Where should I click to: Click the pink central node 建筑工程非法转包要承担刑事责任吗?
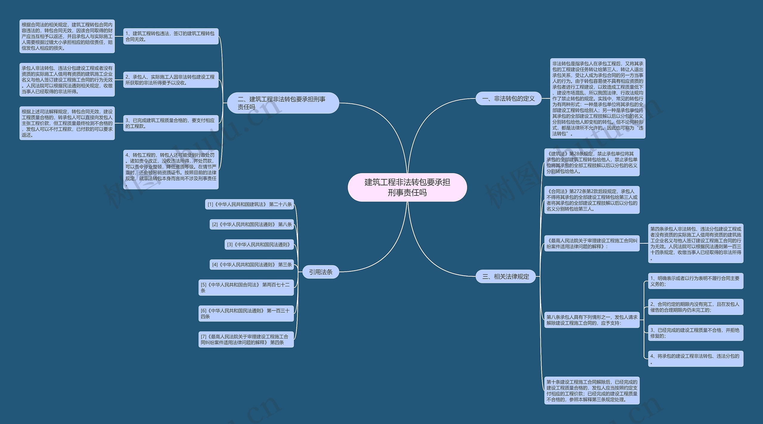point(407,187)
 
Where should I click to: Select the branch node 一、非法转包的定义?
point(508,98)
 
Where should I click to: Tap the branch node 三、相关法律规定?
point(505,277)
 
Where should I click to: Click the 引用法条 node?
point(321,272)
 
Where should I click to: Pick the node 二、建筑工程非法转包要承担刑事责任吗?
point(283,103)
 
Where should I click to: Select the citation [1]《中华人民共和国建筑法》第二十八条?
point(250,204)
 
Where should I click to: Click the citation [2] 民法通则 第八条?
point(252,224)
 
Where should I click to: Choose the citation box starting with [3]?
point(259,245)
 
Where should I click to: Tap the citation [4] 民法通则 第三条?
point(252,265)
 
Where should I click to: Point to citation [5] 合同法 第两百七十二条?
point(246,288)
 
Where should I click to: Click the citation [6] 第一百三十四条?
point(246,313)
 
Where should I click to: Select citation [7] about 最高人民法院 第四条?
point(246,339)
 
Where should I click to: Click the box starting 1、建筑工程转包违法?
point(171,36)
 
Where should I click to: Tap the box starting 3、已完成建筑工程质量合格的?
point(171,123)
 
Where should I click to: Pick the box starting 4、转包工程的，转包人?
point(171,170)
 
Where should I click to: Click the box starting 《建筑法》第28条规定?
point(592,162)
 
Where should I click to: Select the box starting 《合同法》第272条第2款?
point(592,200)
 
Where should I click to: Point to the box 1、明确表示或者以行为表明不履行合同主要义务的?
point(695,281)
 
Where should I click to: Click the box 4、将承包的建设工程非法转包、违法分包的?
point(695,359)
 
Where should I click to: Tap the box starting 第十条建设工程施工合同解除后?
point(592,391)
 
